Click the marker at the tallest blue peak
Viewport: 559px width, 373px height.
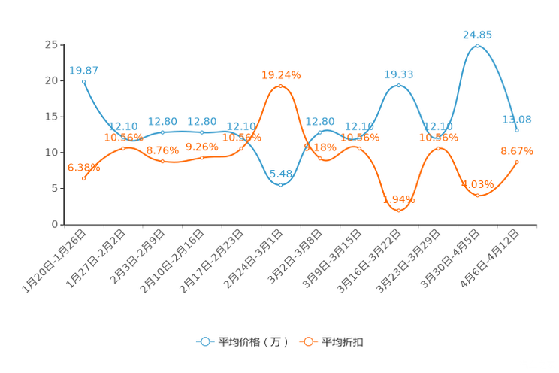click(x=477, y=46)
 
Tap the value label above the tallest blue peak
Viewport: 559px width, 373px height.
click(x=477, y=35)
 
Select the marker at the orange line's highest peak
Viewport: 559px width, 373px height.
click(x=280, y=86)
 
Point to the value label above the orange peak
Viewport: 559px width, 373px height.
click(x=281, y=74)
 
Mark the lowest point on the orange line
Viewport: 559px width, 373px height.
click(x=399, y=211)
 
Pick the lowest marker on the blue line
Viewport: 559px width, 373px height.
click(x=280, y=184)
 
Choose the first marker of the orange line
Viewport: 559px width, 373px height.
click(x=83, y=178)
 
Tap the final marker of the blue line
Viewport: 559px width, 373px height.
click(x=517, y=130)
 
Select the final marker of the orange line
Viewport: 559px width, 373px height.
click(x=517, y=162)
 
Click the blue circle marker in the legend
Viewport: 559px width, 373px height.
click(x=204, y=341)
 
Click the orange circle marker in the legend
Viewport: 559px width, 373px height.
click(x=307, y=341)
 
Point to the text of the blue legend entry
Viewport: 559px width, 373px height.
click(x=252, y=342)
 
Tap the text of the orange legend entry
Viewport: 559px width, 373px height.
click(x=343, y=342)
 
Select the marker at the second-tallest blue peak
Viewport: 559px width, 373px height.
click(x=399, y=85)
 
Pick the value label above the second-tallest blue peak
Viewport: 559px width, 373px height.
click(x=399, y=74)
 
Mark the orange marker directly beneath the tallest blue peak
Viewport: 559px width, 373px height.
click(x=477, y=196)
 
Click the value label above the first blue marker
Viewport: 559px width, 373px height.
click(x=84, y=71)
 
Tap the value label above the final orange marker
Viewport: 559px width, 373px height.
click(x=517, y=151)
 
